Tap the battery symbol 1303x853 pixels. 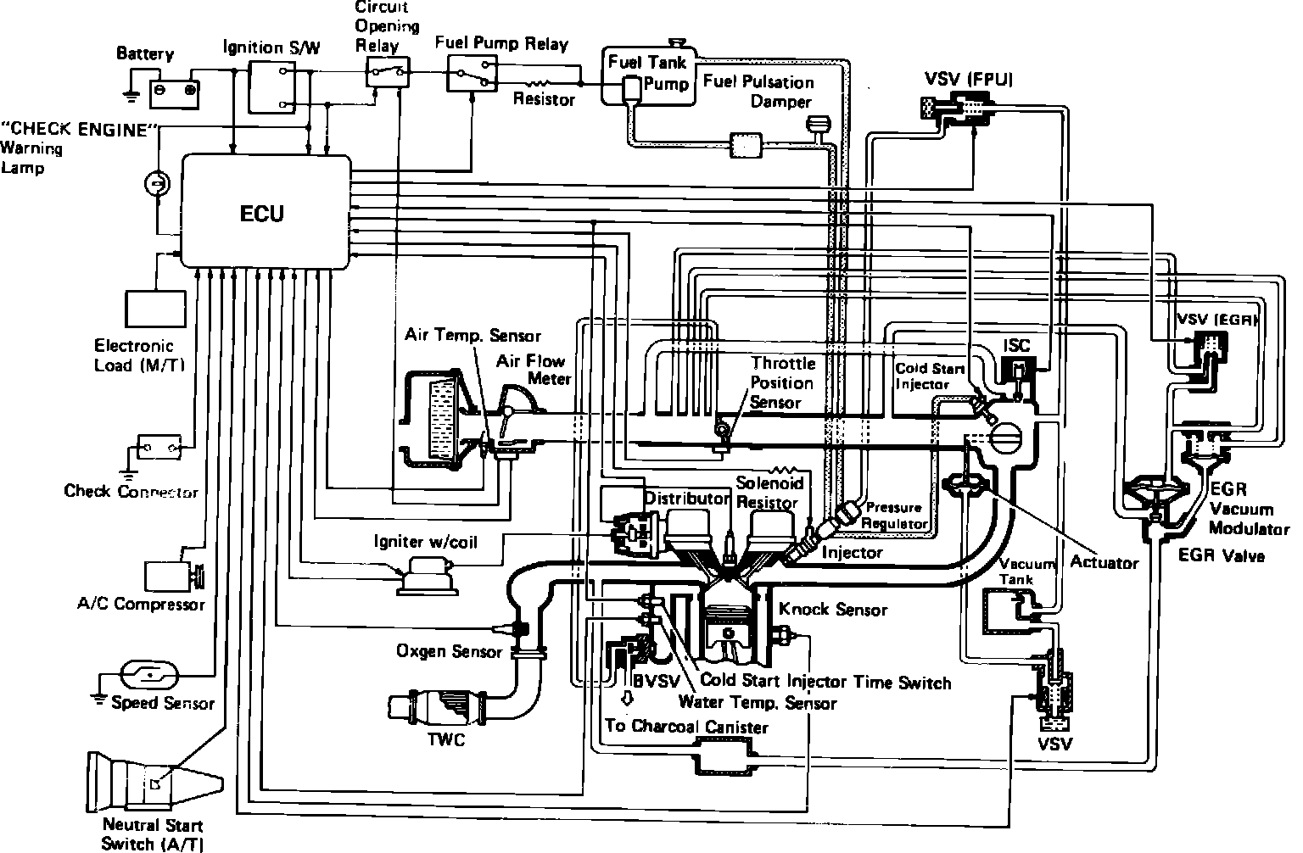[175, 88]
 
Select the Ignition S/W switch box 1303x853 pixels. [273, 87]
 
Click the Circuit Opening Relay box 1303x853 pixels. [387, 72]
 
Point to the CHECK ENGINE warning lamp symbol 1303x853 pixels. [156, 183]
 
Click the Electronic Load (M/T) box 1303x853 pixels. [154, 309]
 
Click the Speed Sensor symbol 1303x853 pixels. [150, 675]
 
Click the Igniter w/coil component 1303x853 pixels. [428, 577]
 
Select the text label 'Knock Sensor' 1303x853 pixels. [832, 609]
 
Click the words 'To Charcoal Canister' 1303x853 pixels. [685, 727]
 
